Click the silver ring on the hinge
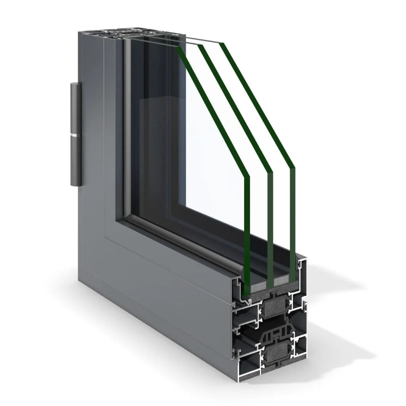tap(76, 136)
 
